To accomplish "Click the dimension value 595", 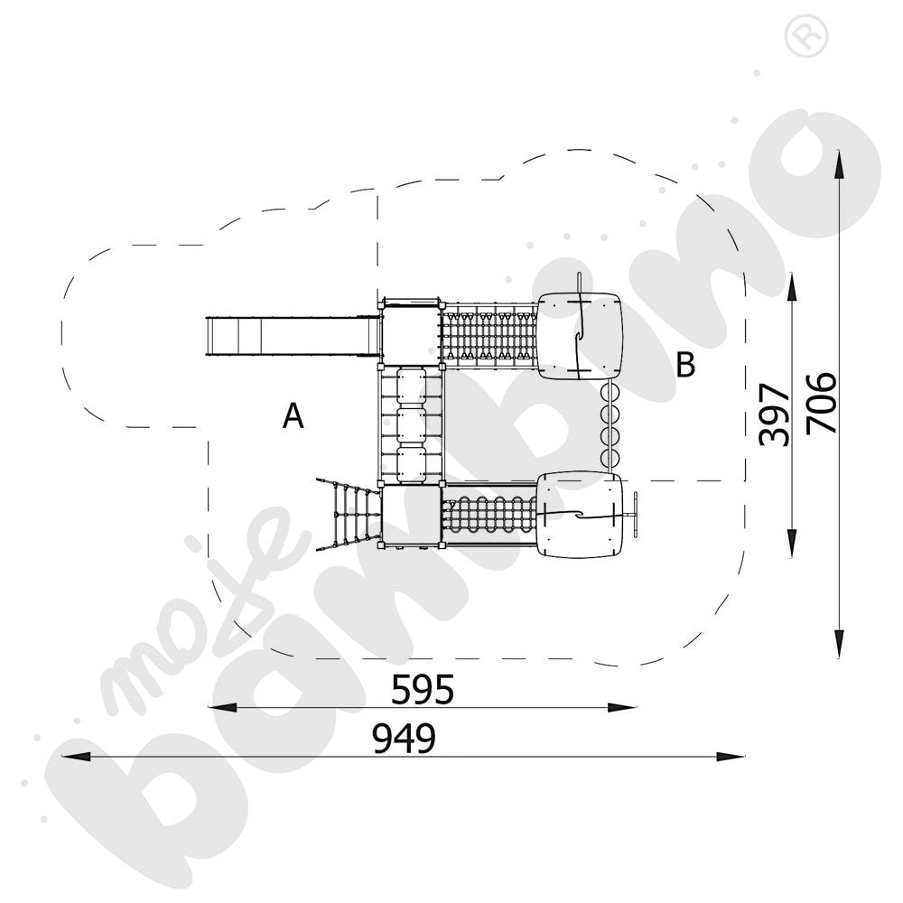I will [x=422, y=690].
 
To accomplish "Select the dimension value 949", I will [x=404, y=740].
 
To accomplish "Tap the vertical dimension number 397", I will [x=775, y=414].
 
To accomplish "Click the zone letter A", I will [x=293, y=416].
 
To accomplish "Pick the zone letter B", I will [x=685, y=365].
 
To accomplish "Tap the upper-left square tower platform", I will [x=411, y=332].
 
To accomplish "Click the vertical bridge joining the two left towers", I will [x=411, y=424].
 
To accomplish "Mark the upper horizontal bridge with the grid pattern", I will [x=489, y=336].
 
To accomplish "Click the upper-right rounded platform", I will [x=580, y=336].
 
